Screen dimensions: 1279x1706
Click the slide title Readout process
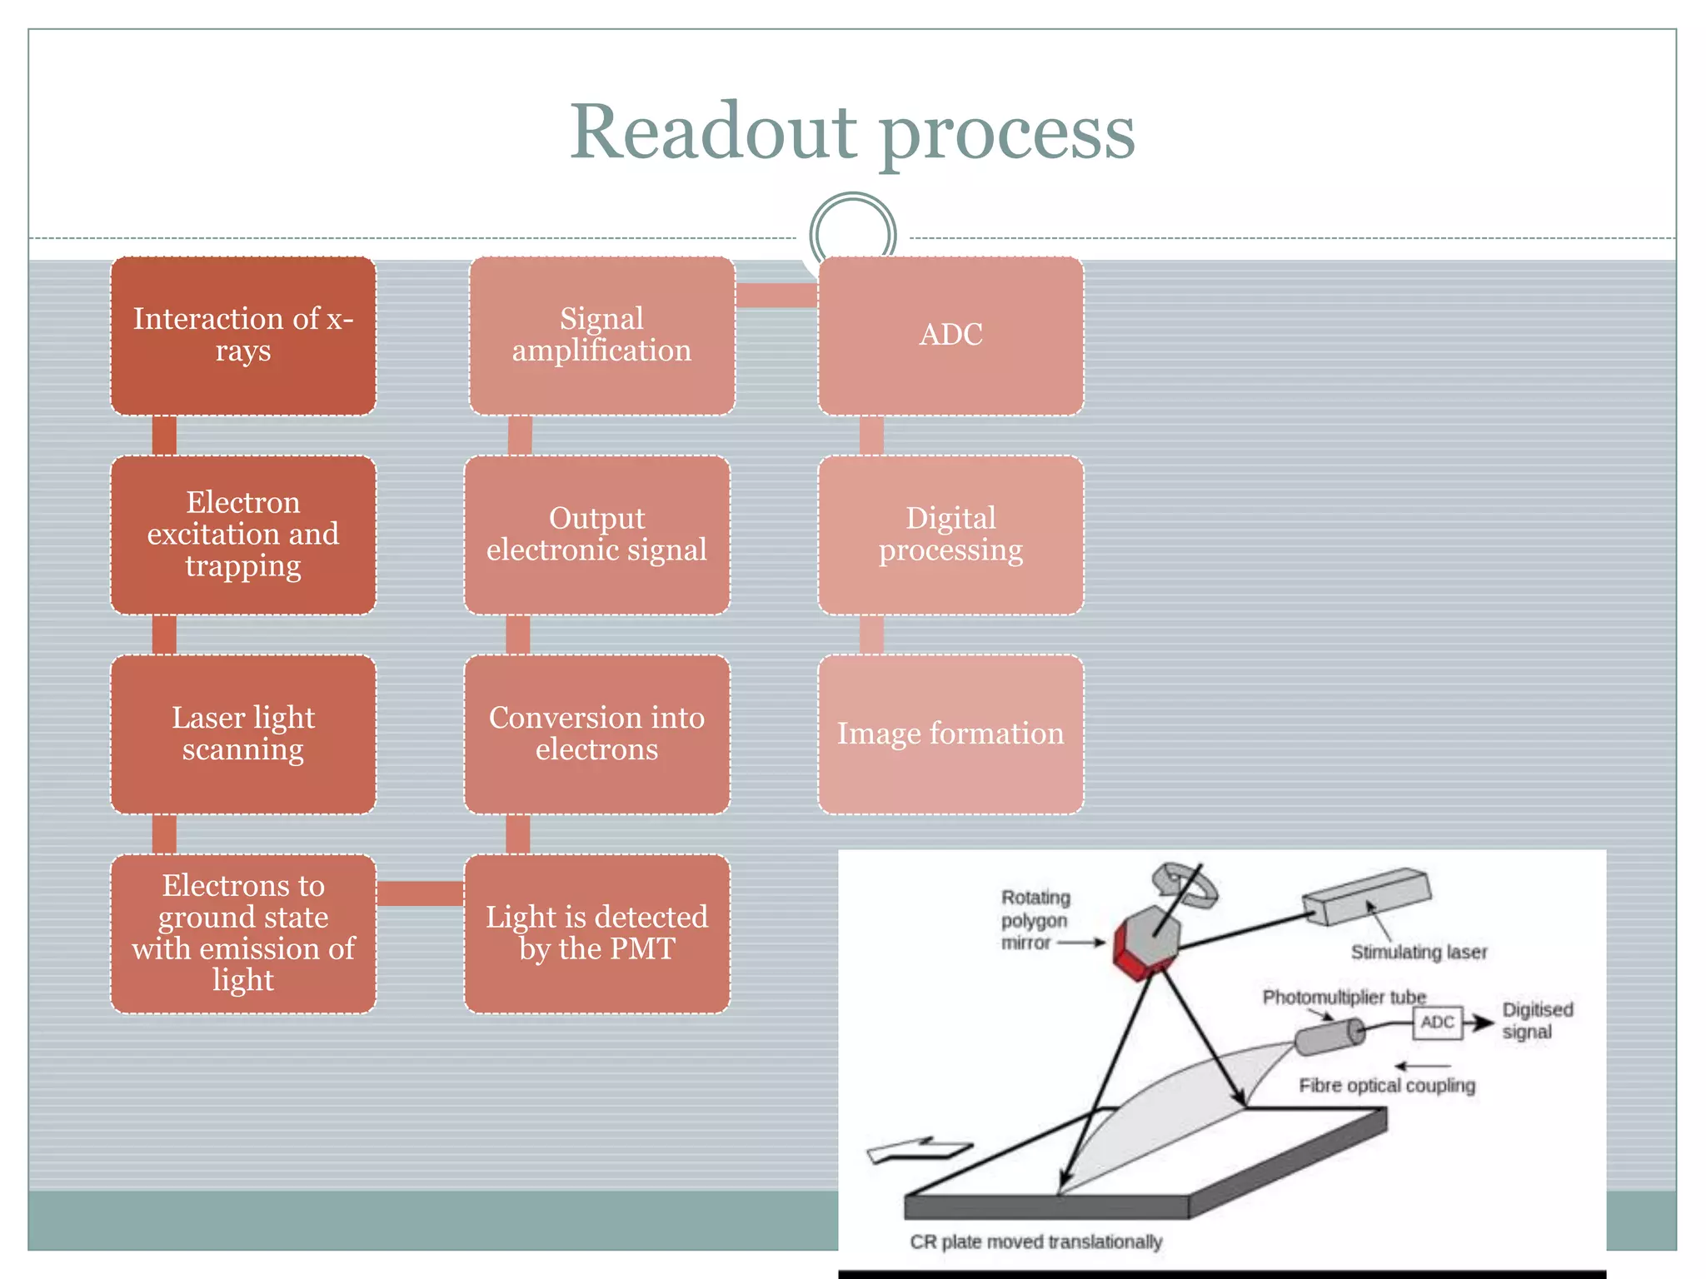851,133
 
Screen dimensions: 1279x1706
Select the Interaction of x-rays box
243,336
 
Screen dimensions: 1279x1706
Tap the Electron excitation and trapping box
243,535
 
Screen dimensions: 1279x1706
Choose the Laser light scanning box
243,734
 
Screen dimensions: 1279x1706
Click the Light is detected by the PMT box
597,933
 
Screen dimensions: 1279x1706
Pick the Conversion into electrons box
597,734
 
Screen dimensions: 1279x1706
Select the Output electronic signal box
597,535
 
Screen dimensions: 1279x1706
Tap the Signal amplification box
601,336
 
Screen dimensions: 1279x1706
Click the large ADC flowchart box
950,336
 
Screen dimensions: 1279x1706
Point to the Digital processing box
950,535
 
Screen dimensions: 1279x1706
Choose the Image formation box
950,734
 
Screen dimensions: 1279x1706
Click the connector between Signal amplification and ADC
776,296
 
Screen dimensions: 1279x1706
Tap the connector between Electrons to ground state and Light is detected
420,893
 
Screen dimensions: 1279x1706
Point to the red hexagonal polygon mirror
1146,943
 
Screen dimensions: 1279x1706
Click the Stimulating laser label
1419,952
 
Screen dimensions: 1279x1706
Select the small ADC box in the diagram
1437,1023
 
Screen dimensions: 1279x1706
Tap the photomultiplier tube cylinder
1329,1038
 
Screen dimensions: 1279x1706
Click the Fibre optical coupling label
1387,1086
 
